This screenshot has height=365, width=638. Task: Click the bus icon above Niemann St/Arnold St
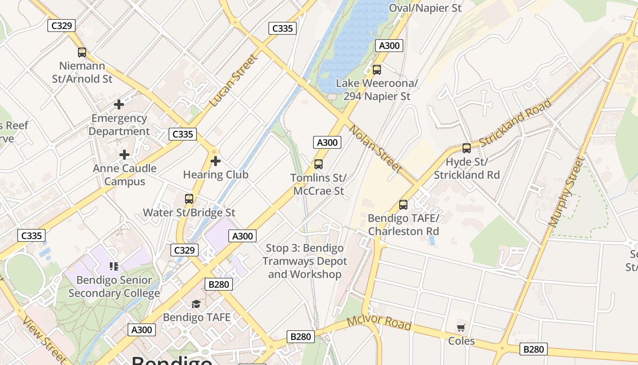pos(82,52)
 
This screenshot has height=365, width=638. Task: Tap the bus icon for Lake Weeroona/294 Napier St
pos(376,70)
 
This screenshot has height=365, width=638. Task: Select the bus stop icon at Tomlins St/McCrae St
pos(319,164)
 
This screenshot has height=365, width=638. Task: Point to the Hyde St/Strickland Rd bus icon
pos(467,148)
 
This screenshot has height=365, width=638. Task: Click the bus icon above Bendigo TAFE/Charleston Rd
pos(403,205)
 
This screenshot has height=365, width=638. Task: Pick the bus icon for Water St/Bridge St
pos(189,199)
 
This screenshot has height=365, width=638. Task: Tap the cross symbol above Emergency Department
pos(119,105)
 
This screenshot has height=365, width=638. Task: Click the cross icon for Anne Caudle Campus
pos(124,155)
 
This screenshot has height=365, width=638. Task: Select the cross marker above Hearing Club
pos(216,161)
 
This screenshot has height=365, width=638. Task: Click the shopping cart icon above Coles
pos(461,328)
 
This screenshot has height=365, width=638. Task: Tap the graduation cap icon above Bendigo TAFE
pos(196,304)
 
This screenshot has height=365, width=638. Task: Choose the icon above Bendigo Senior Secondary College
pos(113,266)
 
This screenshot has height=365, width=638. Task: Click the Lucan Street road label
pos(233,81)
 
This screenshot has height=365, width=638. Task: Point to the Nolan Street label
pos(376,149)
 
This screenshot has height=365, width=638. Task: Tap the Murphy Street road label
pos(566,192)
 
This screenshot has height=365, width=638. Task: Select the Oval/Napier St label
pos(425,8)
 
